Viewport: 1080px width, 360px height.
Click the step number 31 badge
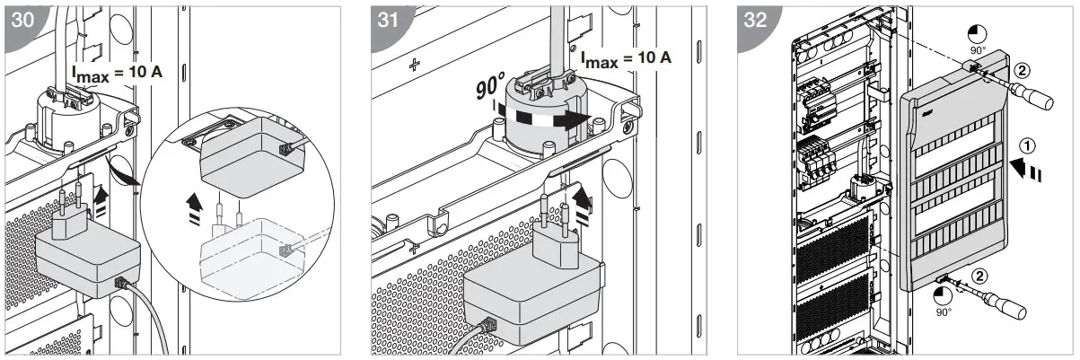point(389,20)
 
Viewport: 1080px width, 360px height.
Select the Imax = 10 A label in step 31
point(625,58)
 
